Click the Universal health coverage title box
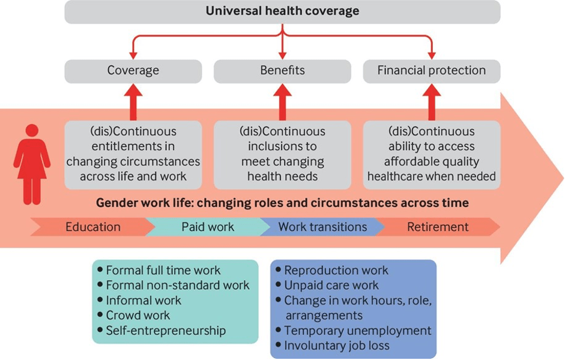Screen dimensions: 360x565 pos(282,11)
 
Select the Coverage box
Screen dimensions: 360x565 pos(133,71)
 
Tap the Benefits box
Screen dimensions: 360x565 pos(282,71)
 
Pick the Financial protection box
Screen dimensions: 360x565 pos(431,71)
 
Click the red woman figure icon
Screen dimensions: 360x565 pos(32,164)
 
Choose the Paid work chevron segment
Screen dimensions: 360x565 pos(207,227)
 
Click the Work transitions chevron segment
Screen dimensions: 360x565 pos(322,227)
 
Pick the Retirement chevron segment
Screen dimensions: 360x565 pos(438,227)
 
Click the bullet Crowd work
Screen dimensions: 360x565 pos(137,316)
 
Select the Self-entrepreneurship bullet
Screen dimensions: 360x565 pos(165,331)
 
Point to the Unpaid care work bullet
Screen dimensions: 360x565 pos(331,286)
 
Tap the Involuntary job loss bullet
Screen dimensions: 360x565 pos(336,346)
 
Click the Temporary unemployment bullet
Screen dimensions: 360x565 pos(357,331)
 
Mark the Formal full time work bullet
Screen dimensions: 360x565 pos(163,271)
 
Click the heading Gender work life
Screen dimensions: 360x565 pos(282,203)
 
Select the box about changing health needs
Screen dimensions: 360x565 pos(282,154)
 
